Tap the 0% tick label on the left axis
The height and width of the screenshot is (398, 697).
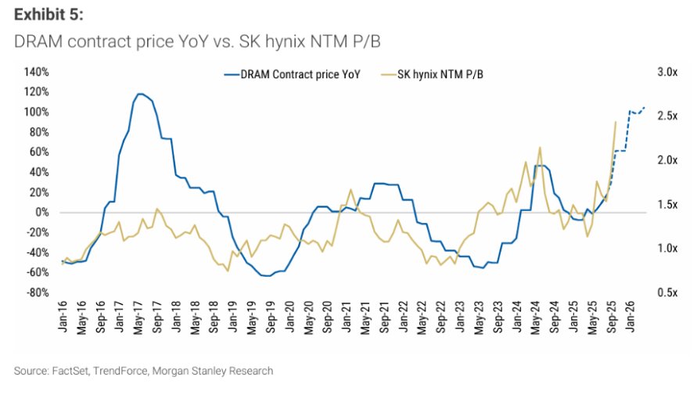tap(41, 213)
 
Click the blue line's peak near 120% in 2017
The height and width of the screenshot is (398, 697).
tap(140, 94)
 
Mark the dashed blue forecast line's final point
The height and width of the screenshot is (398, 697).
tap(645, 107)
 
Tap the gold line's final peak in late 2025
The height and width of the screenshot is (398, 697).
tap(616, 122)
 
